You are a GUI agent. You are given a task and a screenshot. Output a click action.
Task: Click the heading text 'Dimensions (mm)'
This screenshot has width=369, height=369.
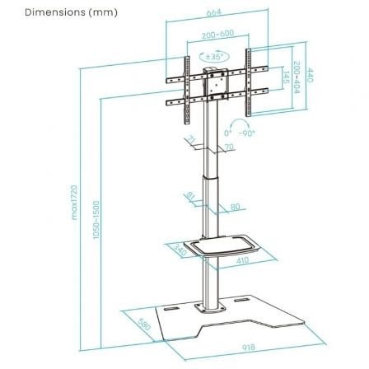[x=58, y=12]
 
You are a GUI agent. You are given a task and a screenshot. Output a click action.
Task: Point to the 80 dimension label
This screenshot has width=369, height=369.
[x=235, y=207]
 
